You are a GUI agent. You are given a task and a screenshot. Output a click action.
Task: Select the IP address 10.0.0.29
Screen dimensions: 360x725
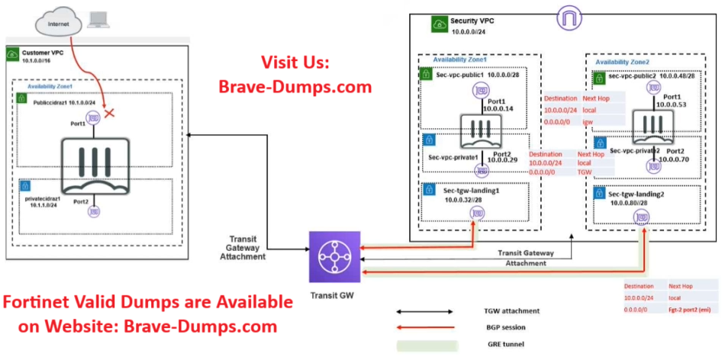tap(503, 160)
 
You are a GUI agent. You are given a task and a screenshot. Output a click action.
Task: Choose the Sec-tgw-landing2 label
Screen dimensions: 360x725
tap(640, 194)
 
